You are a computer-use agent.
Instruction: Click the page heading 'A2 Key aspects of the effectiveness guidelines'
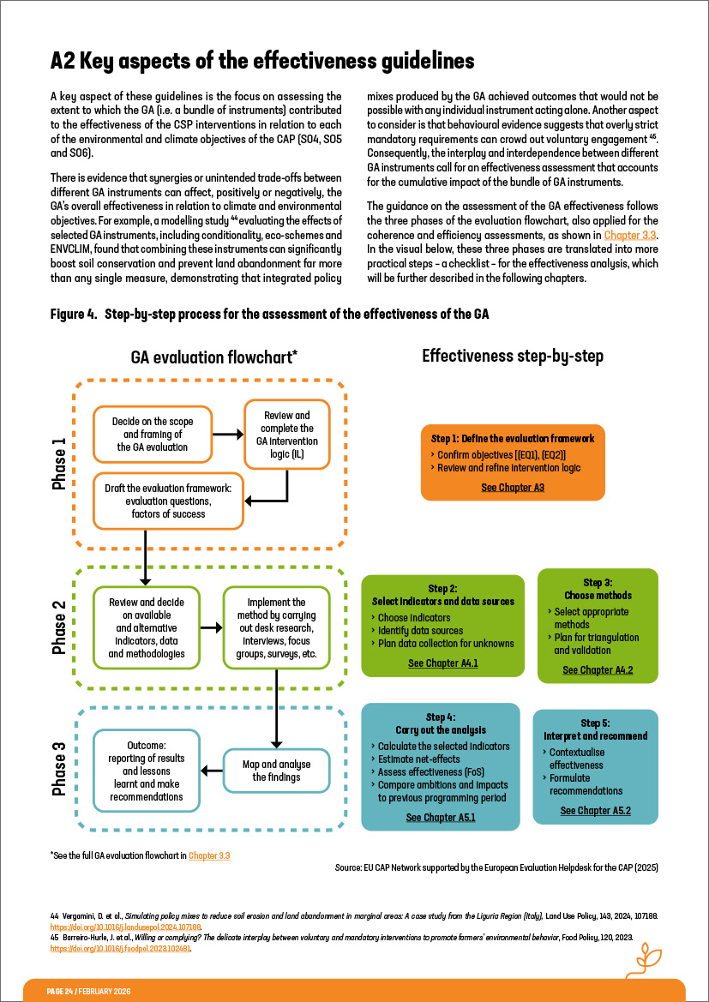pos(262,62)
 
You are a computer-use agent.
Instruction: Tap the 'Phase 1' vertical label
pos(59,464)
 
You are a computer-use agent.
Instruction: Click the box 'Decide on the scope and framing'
pos(152,434)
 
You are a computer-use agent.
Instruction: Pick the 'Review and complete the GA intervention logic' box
pos(286,434)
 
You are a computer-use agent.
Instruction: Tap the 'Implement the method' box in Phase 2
pos(276,629)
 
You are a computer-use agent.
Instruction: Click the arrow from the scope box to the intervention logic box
pos(227,435)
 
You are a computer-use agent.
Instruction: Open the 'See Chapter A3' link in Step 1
pos(513,487)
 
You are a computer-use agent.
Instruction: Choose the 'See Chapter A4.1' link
pos(442,663)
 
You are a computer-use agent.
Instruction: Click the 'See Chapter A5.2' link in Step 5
pos(595,810)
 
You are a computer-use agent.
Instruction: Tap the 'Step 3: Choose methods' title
pos(598,589)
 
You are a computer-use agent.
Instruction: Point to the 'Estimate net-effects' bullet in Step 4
pos(418,759)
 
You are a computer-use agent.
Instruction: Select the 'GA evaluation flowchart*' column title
pos(213,357)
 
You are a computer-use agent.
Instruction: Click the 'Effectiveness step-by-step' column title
pos(513,356)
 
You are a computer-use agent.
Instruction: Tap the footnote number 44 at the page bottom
pos(54,917)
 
